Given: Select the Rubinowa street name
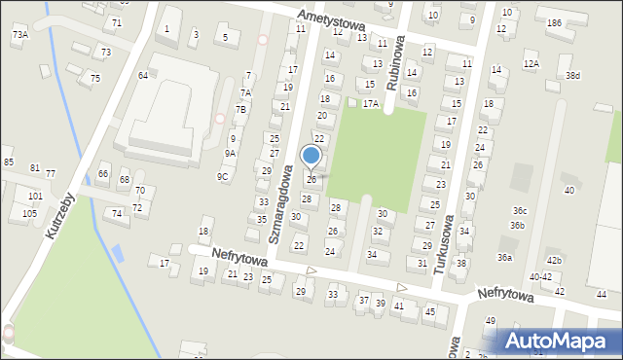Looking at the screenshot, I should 395,65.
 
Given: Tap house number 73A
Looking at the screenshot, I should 19,35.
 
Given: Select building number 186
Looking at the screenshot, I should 554,22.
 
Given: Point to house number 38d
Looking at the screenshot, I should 573,76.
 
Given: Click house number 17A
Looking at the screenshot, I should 370,103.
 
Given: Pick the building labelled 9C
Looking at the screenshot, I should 222,176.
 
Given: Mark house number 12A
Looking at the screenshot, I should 531,64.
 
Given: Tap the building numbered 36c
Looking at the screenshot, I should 521,211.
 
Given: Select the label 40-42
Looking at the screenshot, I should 540,277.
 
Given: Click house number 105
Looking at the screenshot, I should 29,213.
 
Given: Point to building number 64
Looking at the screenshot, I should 143,75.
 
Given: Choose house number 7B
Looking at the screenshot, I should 240,110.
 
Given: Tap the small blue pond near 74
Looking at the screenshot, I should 118,253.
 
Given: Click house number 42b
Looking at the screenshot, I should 553,261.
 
